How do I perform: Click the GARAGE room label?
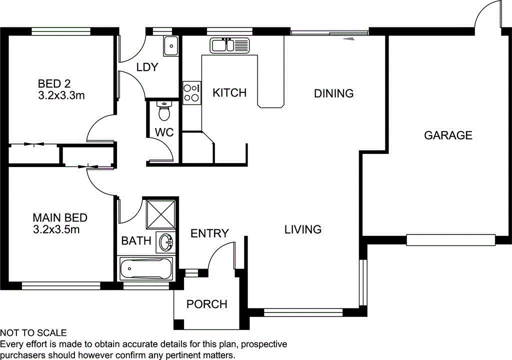(448, 135)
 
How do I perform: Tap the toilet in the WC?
(163, 112)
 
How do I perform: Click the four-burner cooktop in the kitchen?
(191, 92)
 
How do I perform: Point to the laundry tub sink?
(171, 46)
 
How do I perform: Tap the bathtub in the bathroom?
(145, 269)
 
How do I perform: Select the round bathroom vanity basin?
(165, 242)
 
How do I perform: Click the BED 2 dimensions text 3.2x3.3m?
(61, 95)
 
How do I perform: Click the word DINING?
(333, 93)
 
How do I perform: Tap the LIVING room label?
(302, 229)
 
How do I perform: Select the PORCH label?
(206, 304)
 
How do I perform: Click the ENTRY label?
(209, 233)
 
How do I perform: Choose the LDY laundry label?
(147, 67)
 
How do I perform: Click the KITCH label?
(229, 92)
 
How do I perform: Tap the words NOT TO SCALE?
(33, 333)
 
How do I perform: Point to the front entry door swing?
(220, 255)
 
